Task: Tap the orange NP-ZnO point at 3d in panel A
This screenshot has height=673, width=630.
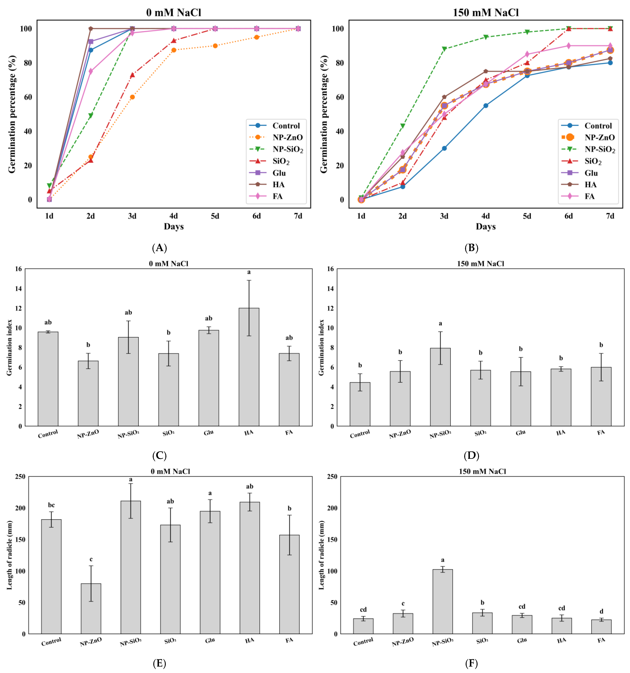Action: [x=132, y=97]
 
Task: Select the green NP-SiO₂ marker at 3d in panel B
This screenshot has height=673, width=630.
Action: [x=444, y=49]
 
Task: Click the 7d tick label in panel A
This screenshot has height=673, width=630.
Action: [x=298, y=216]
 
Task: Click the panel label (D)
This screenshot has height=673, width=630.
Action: [x=471, y=456]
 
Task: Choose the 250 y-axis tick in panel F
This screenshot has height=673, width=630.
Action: [x=332, y=477]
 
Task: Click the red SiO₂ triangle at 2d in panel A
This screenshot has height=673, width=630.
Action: [x=91, y=160]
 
